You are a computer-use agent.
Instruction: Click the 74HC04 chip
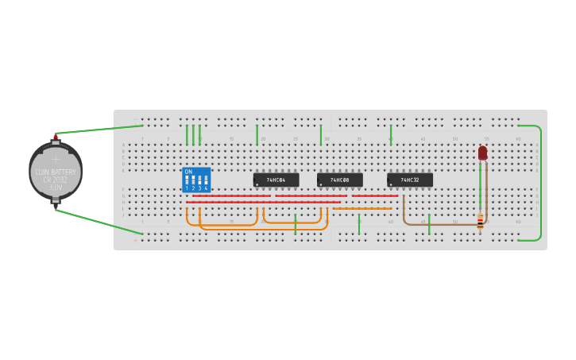click(x=276, y=180)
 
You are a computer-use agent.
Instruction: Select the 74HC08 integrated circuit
click(x=340, y=180)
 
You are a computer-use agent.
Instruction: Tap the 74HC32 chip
click(x=410, y=180)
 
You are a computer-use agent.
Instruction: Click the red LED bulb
click(x=482, y=152)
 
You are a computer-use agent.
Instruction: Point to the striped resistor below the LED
click(x=480, y=222)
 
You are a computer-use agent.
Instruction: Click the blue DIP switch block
click(x=196, y=180)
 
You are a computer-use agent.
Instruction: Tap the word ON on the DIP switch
click(x=188, y=172)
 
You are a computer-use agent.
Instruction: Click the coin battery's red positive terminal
click(x=56, y=137)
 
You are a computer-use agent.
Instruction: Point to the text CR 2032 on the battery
click(x=56, y=180)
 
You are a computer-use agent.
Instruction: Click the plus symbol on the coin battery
click(x=56, y=160)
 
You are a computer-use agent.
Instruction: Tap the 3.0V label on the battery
click(x=56, y=188)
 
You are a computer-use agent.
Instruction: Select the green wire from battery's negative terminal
click(x=99, y=222)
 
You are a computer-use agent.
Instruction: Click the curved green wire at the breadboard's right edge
click(x=541, y=183)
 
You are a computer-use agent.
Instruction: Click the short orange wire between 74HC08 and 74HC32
click(x=363, y=209)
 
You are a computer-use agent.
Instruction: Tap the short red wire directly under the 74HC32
click(x=375, y=195)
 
